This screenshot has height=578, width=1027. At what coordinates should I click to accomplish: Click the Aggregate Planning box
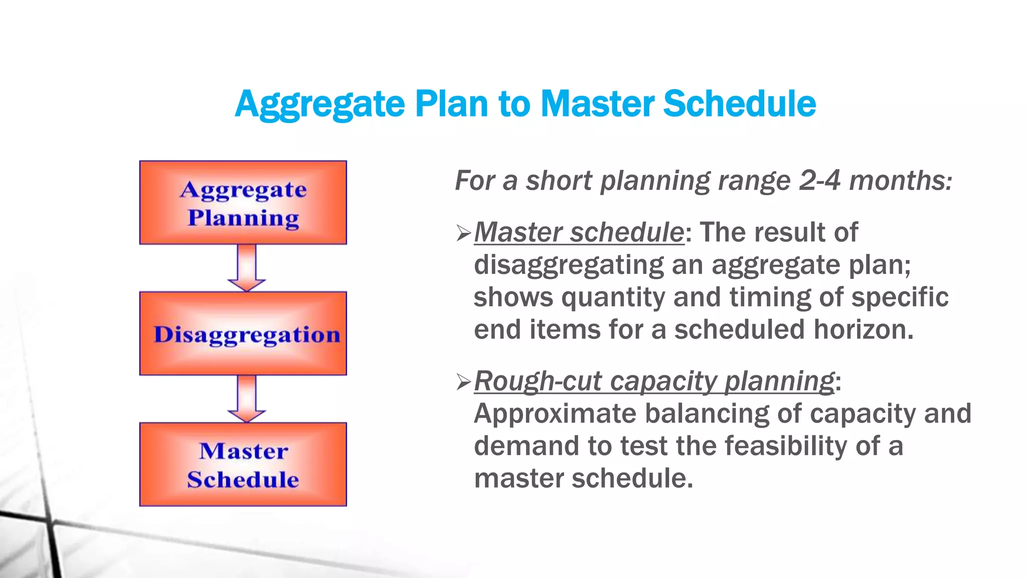click(243, 203)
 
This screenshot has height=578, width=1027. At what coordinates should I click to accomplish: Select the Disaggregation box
click(243, 334)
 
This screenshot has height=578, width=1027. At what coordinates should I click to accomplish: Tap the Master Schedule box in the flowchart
click(243, 465)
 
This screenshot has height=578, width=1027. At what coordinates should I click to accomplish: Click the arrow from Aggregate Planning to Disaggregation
click(246, 267)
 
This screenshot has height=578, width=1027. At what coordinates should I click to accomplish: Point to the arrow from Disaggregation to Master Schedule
click(246, 398)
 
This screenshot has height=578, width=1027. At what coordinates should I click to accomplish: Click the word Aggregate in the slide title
click(319, 104)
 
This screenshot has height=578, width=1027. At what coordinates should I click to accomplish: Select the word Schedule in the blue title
click(739, 104)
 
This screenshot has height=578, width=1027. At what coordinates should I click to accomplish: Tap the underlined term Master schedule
click(579, 233)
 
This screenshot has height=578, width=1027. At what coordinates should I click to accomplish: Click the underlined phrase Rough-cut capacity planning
click(654, 381)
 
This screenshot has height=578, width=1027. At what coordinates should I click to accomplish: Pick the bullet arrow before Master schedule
click(463, 233)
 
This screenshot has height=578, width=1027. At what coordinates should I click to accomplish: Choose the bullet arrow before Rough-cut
click(463, 382)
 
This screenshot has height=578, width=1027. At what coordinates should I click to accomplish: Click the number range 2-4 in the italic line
click(819, 181)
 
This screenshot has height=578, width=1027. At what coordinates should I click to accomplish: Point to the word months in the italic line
click(900, 181)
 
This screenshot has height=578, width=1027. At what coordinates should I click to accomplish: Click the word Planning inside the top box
click(243, 219)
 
